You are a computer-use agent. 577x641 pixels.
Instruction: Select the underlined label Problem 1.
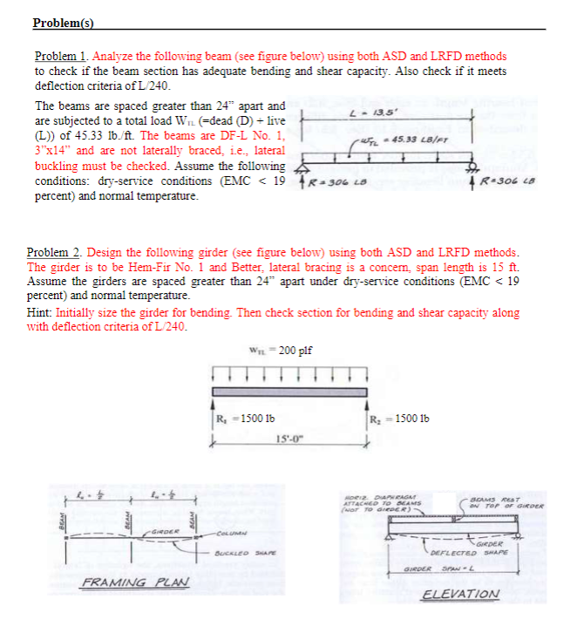[60, 56]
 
